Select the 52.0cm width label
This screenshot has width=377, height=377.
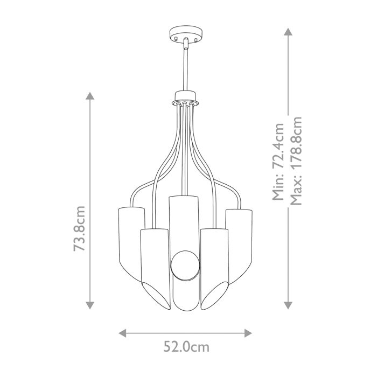point(185,347)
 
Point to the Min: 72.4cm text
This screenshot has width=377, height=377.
point(278,162)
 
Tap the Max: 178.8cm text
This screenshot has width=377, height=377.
point(295,162)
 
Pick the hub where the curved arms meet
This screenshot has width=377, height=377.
point(185,101)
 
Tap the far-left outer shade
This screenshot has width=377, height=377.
point(129,237)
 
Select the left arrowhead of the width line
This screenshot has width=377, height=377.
point(122,332)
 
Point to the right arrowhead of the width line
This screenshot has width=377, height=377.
point(248,332)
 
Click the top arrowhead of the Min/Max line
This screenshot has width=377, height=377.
point(289,31)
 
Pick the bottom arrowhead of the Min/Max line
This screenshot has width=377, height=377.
point(289,305)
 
